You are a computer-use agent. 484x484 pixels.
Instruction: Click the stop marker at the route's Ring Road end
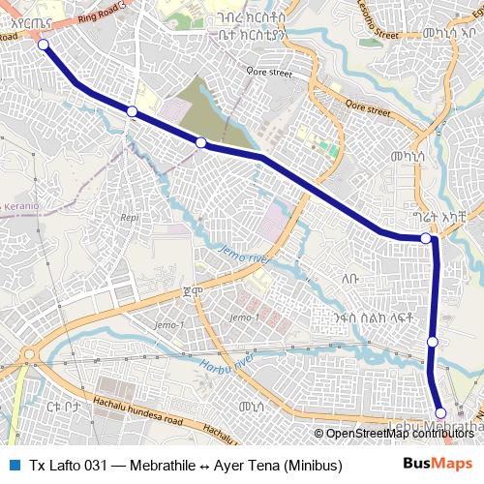43,45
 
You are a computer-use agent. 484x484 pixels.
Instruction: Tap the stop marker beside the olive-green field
201,143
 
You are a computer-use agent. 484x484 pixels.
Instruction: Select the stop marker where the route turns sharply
426,238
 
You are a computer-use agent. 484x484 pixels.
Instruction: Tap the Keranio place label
19,206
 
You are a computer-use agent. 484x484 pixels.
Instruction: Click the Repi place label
129,218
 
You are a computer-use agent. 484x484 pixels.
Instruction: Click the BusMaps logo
438,464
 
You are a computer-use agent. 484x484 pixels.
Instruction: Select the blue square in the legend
14,465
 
